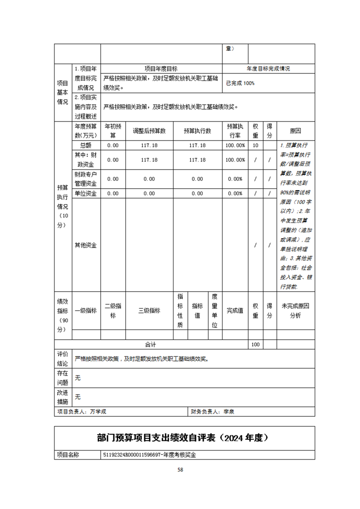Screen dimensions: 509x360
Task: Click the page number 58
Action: [180, 470]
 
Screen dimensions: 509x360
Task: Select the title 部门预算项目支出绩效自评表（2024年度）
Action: [184, 438]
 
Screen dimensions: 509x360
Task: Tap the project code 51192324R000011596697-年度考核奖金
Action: [152, 454]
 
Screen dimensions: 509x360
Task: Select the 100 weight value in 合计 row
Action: [255, 344]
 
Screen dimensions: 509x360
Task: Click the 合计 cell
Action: [150, 344]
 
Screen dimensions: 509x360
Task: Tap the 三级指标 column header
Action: [149, 311]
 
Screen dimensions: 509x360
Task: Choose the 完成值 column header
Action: [235, 311]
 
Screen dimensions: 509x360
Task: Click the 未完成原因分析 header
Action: [295, 311]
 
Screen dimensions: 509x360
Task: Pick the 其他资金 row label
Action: [85, 245]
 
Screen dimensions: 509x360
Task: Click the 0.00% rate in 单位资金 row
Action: [235, 194]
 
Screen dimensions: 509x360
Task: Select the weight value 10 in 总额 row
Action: [255, 145]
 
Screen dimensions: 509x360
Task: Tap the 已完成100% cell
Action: [240, 83]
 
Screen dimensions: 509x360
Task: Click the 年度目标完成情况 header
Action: [268, 69]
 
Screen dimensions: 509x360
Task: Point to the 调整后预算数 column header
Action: [149, 131]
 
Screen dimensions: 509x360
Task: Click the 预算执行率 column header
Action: [235, 131]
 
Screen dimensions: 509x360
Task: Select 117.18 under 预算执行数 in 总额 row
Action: [197, 145]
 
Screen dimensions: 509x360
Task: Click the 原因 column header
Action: [295, 131]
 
